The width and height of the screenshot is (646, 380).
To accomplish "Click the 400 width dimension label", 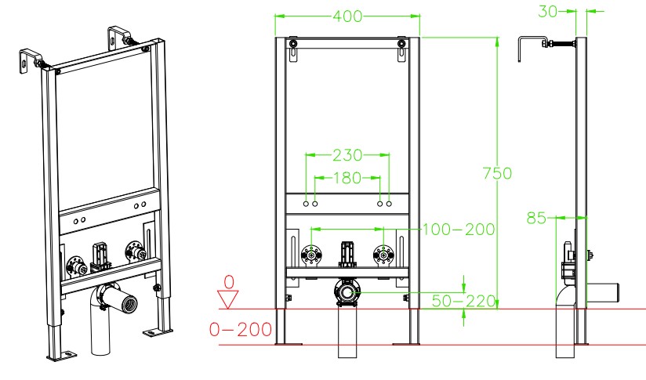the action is (347, 16).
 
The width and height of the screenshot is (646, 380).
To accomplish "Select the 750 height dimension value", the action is (497, 173).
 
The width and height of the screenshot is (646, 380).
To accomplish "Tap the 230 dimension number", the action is (347, 155).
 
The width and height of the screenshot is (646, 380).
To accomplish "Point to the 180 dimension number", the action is (347, 178).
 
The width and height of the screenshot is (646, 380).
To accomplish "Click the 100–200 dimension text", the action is (459, 230).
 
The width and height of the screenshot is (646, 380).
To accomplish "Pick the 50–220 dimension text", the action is (463, 301).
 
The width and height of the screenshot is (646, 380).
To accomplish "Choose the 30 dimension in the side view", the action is (548, 12).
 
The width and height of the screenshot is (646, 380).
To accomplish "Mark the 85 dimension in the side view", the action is (536, 218).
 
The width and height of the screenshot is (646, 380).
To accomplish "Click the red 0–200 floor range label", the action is (241, 329).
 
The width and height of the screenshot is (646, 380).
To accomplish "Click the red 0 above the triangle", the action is (229, 282).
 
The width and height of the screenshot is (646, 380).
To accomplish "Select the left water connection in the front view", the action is (311, 255).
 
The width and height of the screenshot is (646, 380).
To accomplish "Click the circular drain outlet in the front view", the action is (347, 292).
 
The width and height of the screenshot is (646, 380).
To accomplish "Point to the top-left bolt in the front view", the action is (292, 44).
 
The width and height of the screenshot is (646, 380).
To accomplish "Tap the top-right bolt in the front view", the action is (401, 44).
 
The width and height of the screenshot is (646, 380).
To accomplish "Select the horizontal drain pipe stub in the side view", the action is (602, 293).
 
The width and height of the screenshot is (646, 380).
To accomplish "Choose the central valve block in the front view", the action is (347, 255).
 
